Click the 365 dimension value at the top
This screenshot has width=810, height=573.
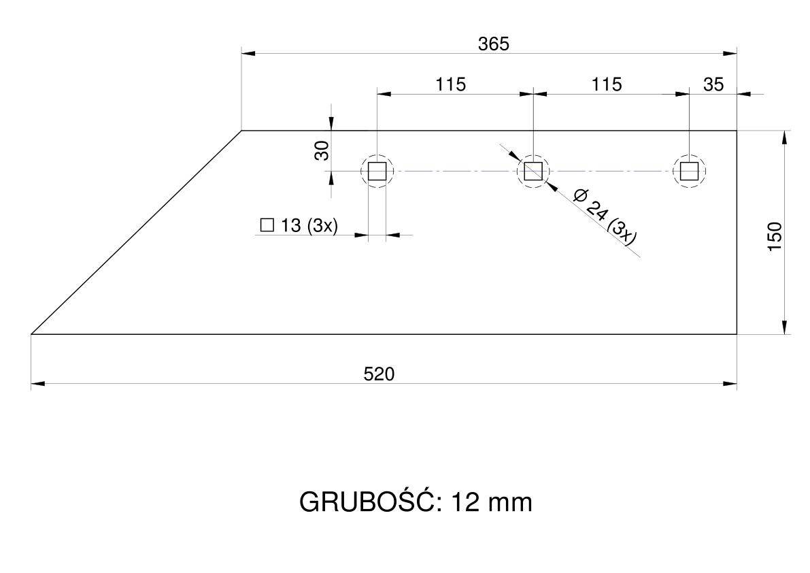pos(493,44)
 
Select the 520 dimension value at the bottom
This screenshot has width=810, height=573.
pos(379,374)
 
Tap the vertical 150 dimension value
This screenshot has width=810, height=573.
pos(775,237)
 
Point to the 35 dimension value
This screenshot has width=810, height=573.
pos(713,84)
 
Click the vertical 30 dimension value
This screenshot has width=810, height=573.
pos(322,150)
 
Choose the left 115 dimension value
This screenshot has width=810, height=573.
pos(450,84)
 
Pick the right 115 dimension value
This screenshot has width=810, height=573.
pos(607,84)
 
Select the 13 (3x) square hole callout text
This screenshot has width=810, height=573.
pos(309,225)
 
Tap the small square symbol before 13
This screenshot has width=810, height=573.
pos(267,225)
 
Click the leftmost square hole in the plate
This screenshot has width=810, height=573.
pos(377,171)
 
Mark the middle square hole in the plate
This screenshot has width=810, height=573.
pos(533,171)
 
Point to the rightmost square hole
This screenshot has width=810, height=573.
pos(689,171)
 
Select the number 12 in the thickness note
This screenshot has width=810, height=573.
pos(465,502)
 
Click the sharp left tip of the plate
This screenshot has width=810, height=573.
pos(31,334)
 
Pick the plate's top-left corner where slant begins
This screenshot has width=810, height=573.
pos(241,131)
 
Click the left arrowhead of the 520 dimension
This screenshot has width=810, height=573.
pos(38,383)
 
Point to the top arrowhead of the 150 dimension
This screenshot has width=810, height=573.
pos(785,137)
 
